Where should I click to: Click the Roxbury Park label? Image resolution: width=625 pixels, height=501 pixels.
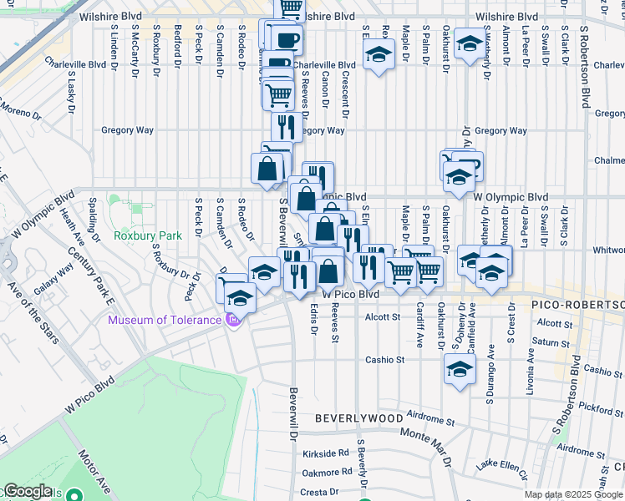[x=147, y=236]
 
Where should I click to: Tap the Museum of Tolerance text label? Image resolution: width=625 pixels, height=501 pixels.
[x=165, y=319]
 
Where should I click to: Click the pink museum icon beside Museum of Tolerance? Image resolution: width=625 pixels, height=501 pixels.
[x=234, y=319]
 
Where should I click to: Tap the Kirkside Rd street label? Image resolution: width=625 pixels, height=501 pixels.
[x=326, y=453]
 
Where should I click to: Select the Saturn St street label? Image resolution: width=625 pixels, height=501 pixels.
[x=552, y=342]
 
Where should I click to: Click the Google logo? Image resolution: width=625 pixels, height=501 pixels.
[x=28, y=491]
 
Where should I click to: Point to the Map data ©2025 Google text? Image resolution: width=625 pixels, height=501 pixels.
[x=573, y=494]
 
